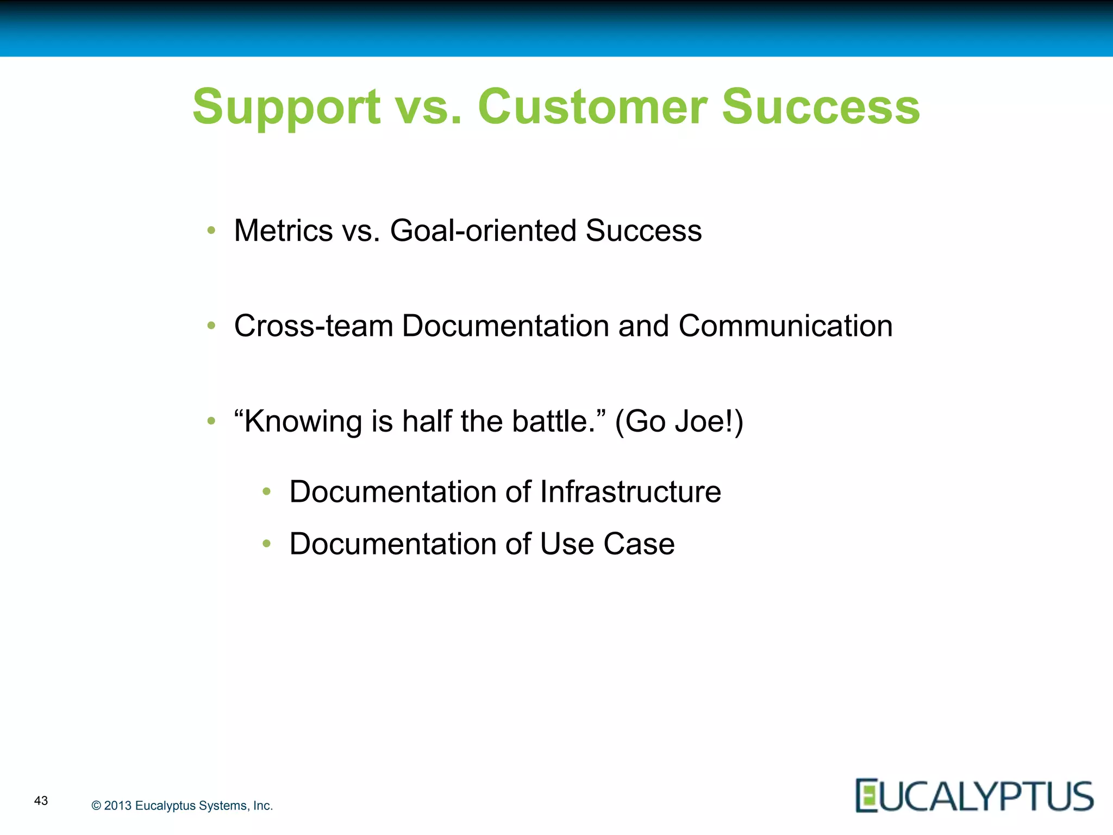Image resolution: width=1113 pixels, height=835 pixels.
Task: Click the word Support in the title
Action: click(x=286, y=107)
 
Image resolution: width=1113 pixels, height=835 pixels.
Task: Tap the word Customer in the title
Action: click(x=592, y=107)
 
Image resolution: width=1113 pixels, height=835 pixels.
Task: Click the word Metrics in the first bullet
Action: click(x=283, y=230)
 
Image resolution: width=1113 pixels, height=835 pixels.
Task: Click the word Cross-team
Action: click(x=314, y=326)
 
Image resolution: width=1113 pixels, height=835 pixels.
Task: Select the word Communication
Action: click(x=785, y=326)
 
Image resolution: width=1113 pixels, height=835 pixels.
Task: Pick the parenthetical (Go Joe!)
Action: click(x=679, y=422)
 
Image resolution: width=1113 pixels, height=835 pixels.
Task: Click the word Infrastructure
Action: click(x=630, y=492)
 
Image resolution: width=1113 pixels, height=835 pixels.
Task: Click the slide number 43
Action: click(x=41, y=800)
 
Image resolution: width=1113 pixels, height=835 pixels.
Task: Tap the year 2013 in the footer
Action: click(x=118, y=806)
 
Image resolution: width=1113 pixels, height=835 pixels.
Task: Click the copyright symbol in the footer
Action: click(x=96, y=806)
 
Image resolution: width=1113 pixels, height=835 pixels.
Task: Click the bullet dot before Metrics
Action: click(x=211, y=230)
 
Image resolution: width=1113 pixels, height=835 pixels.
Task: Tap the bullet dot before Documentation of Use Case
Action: click(x=266, y=544)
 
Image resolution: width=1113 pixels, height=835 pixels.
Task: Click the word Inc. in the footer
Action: click(x=262, y=806)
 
